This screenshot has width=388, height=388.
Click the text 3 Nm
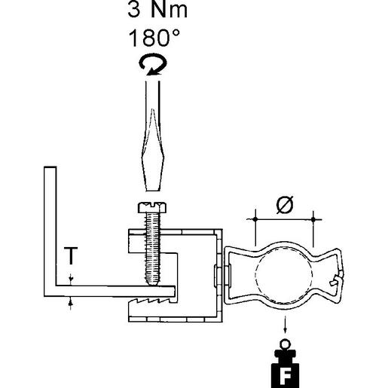tap(154, 14)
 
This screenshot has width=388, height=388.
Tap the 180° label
tap(154, 38)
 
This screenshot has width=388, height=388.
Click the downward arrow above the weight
tap(286, 327)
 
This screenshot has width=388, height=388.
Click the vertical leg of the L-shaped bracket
tap(50, 226)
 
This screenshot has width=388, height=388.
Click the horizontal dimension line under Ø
tap(284, 219)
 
